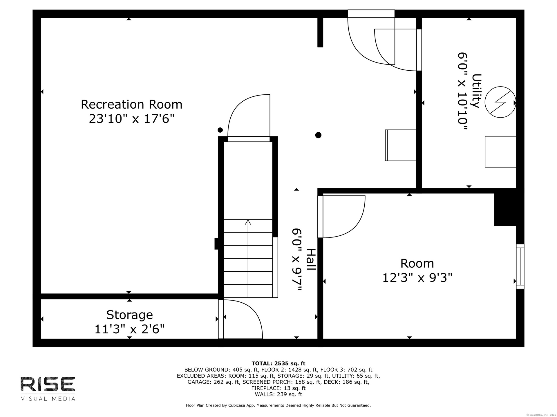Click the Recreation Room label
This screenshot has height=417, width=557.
(131, 105)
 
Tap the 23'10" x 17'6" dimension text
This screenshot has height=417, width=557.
(131, 119)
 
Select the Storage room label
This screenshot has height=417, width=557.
(129, 315)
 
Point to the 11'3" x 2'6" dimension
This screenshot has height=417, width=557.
(129, 329)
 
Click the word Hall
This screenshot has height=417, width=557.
(311, 260)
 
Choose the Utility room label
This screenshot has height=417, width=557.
(476, 91)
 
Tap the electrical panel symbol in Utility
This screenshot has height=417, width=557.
(500, 102)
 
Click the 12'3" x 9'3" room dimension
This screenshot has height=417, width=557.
(417, 278)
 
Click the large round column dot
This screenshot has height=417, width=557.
(318, 135)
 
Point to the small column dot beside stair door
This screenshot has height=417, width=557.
(220, 130)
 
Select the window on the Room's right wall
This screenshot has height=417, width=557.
(520, 266)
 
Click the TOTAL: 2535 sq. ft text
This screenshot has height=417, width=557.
(278, 363)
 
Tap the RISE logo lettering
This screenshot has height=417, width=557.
(48, 384)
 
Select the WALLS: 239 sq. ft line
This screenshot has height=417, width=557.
(278, 394)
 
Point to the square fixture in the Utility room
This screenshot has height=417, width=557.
(500, 152)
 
